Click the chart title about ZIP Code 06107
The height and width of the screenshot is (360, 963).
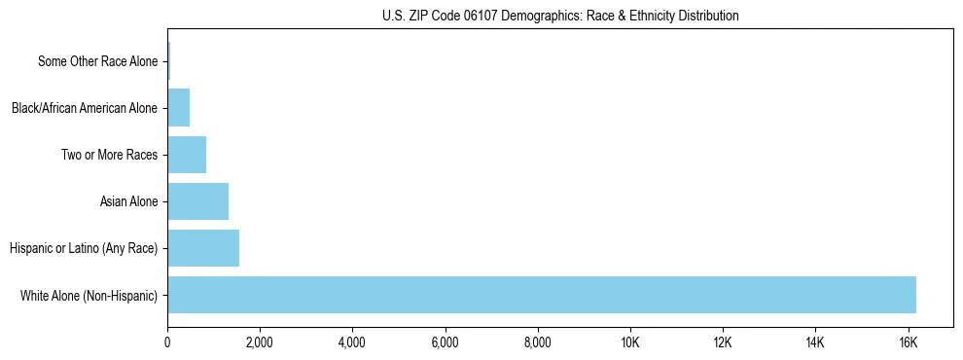559,16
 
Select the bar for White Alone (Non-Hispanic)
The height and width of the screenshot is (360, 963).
542,295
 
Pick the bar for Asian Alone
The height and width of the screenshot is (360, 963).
198,201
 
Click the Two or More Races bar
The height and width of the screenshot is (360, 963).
187,155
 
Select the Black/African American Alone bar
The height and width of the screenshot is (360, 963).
179,108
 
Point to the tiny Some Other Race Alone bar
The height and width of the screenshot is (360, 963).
168,61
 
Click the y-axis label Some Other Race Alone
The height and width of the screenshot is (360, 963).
97,61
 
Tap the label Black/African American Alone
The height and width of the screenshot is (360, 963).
84,108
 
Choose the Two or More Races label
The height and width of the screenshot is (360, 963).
109,155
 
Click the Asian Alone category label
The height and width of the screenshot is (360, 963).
128,201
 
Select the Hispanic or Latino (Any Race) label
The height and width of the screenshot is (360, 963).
84,248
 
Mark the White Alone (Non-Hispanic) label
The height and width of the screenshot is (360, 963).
89,295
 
